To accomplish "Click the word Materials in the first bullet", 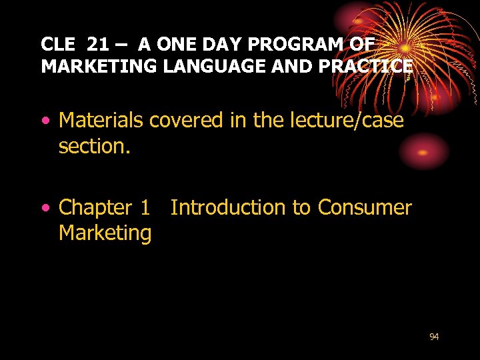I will [x=101, y=121].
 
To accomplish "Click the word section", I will [x=94, y=146].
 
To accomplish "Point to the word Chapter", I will [x=95, y=209].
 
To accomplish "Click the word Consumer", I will [x=365, y=208].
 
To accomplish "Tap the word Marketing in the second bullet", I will [x=105, y=234].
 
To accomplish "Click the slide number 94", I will [x=434, y=337].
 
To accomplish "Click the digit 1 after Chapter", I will [x=145, y=208].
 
